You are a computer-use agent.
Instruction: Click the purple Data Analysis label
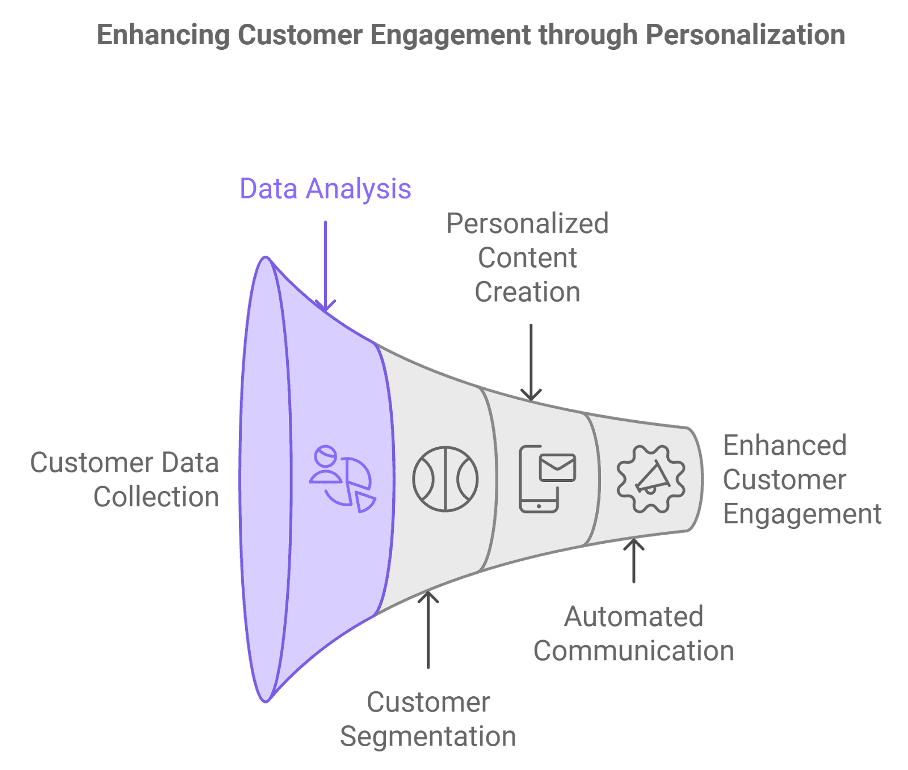325,189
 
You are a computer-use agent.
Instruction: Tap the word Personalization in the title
745,35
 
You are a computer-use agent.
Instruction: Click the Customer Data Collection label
125,480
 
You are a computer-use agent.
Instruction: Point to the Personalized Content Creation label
527,258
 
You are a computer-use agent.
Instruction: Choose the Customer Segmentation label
428,719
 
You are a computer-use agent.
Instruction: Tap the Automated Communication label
633,634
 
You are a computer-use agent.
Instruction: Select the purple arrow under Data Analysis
325,266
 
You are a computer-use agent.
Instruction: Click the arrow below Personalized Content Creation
531,363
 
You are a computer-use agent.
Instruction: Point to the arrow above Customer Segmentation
428,629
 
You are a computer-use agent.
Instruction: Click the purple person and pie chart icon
342,479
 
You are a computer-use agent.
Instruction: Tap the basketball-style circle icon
445,479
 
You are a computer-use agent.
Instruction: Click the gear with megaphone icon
651,479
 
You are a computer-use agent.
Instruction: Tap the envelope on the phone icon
557,468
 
